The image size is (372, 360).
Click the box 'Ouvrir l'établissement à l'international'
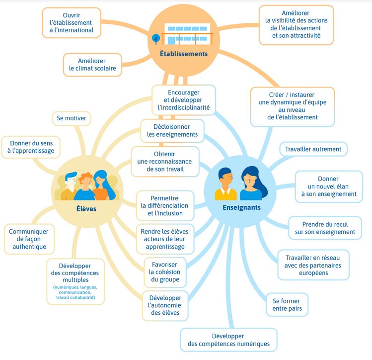pos(72,22)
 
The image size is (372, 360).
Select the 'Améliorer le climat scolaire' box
pos(92,65)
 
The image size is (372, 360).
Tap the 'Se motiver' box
pos(72,118)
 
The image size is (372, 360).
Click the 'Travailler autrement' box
pos(313,149)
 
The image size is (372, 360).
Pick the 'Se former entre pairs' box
pos(287,305)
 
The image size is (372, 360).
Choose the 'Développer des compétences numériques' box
pos(228,340)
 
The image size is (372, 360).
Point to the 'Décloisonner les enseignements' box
pos(172,131)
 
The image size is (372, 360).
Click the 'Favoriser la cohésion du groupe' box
pos(165,272)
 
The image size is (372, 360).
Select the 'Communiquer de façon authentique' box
pos(29,239)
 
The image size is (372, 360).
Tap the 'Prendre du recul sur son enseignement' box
pos(325,228)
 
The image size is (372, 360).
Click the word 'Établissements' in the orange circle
pos(184,54)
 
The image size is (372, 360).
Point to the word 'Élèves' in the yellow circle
pos(86,209)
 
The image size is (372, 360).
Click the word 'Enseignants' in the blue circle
pos(241,207)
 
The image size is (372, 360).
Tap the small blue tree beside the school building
pos(156,39)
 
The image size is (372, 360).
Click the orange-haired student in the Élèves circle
pos(85,186)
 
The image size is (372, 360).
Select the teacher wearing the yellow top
pos(225,184)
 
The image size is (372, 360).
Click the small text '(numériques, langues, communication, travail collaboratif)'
pos(75,292)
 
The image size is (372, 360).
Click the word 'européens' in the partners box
pos(313,273)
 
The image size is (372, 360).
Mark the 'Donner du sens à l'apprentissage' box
pos(31,147)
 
